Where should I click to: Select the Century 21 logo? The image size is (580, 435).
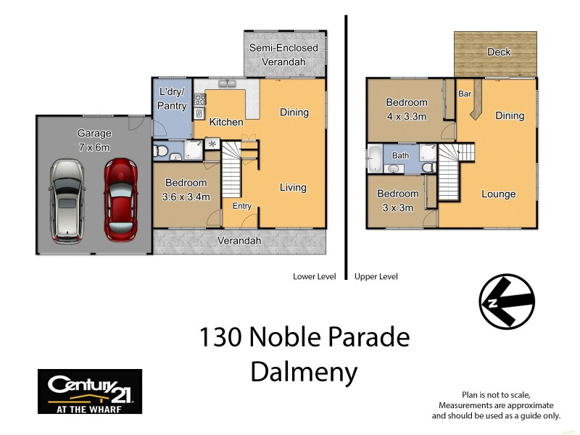(89, 391)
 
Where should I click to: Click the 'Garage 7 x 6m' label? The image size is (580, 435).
(94, 140)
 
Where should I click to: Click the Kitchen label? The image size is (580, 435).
(226, 122)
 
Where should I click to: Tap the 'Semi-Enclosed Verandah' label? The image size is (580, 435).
(283, 55)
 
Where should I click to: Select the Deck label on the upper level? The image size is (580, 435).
(499, 52)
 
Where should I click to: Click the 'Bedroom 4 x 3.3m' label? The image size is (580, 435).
(407, 109)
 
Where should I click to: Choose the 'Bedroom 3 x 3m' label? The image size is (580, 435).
(398, 199)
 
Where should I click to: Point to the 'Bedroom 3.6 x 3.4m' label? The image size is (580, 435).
(186, 190)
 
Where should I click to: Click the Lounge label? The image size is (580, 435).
(499, 194)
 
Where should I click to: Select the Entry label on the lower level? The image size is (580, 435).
(241, 207)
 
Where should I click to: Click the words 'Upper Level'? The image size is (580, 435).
(376, 276)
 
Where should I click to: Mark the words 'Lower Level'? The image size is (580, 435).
(314, 276)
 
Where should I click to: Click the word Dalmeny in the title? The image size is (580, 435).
(304, 372)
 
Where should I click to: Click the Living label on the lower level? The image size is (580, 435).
(293, 188)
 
